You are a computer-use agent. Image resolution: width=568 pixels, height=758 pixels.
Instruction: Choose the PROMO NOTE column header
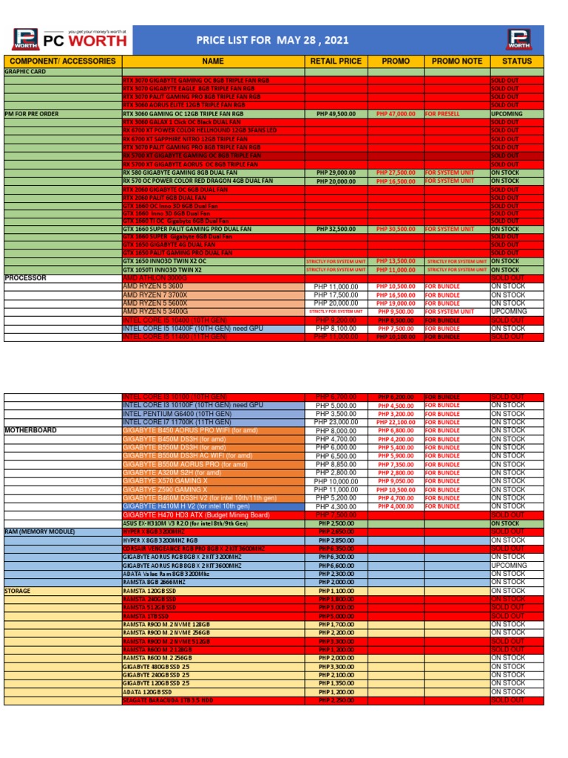click(456, 61)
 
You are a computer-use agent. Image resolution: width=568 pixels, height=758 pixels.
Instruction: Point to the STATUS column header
click(516, 61)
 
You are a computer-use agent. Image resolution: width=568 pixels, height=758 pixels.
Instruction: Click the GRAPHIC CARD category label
click(25, 72)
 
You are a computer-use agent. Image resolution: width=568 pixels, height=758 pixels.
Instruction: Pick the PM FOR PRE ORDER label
click(31, 114)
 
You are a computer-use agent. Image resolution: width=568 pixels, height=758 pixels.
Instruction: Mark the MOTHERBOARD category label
click(30, 430)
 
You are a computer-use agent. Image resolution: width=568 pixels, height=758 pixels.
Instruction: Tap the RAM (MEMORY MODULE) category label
click(40, 531)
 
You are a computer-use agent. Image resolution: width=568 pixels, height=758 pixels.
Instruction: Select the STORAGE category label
click(18, 591)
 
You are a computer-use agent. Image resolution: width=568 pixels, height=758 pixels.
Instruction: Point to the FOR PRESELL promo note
click(443, 114)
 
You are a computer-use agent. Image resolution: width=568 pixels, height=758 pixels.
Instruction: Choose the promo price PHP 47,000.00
click(396, 114)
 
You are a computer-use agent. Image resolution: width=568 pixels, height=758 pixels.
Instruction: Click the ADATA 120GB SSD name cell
click(145, 691)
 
